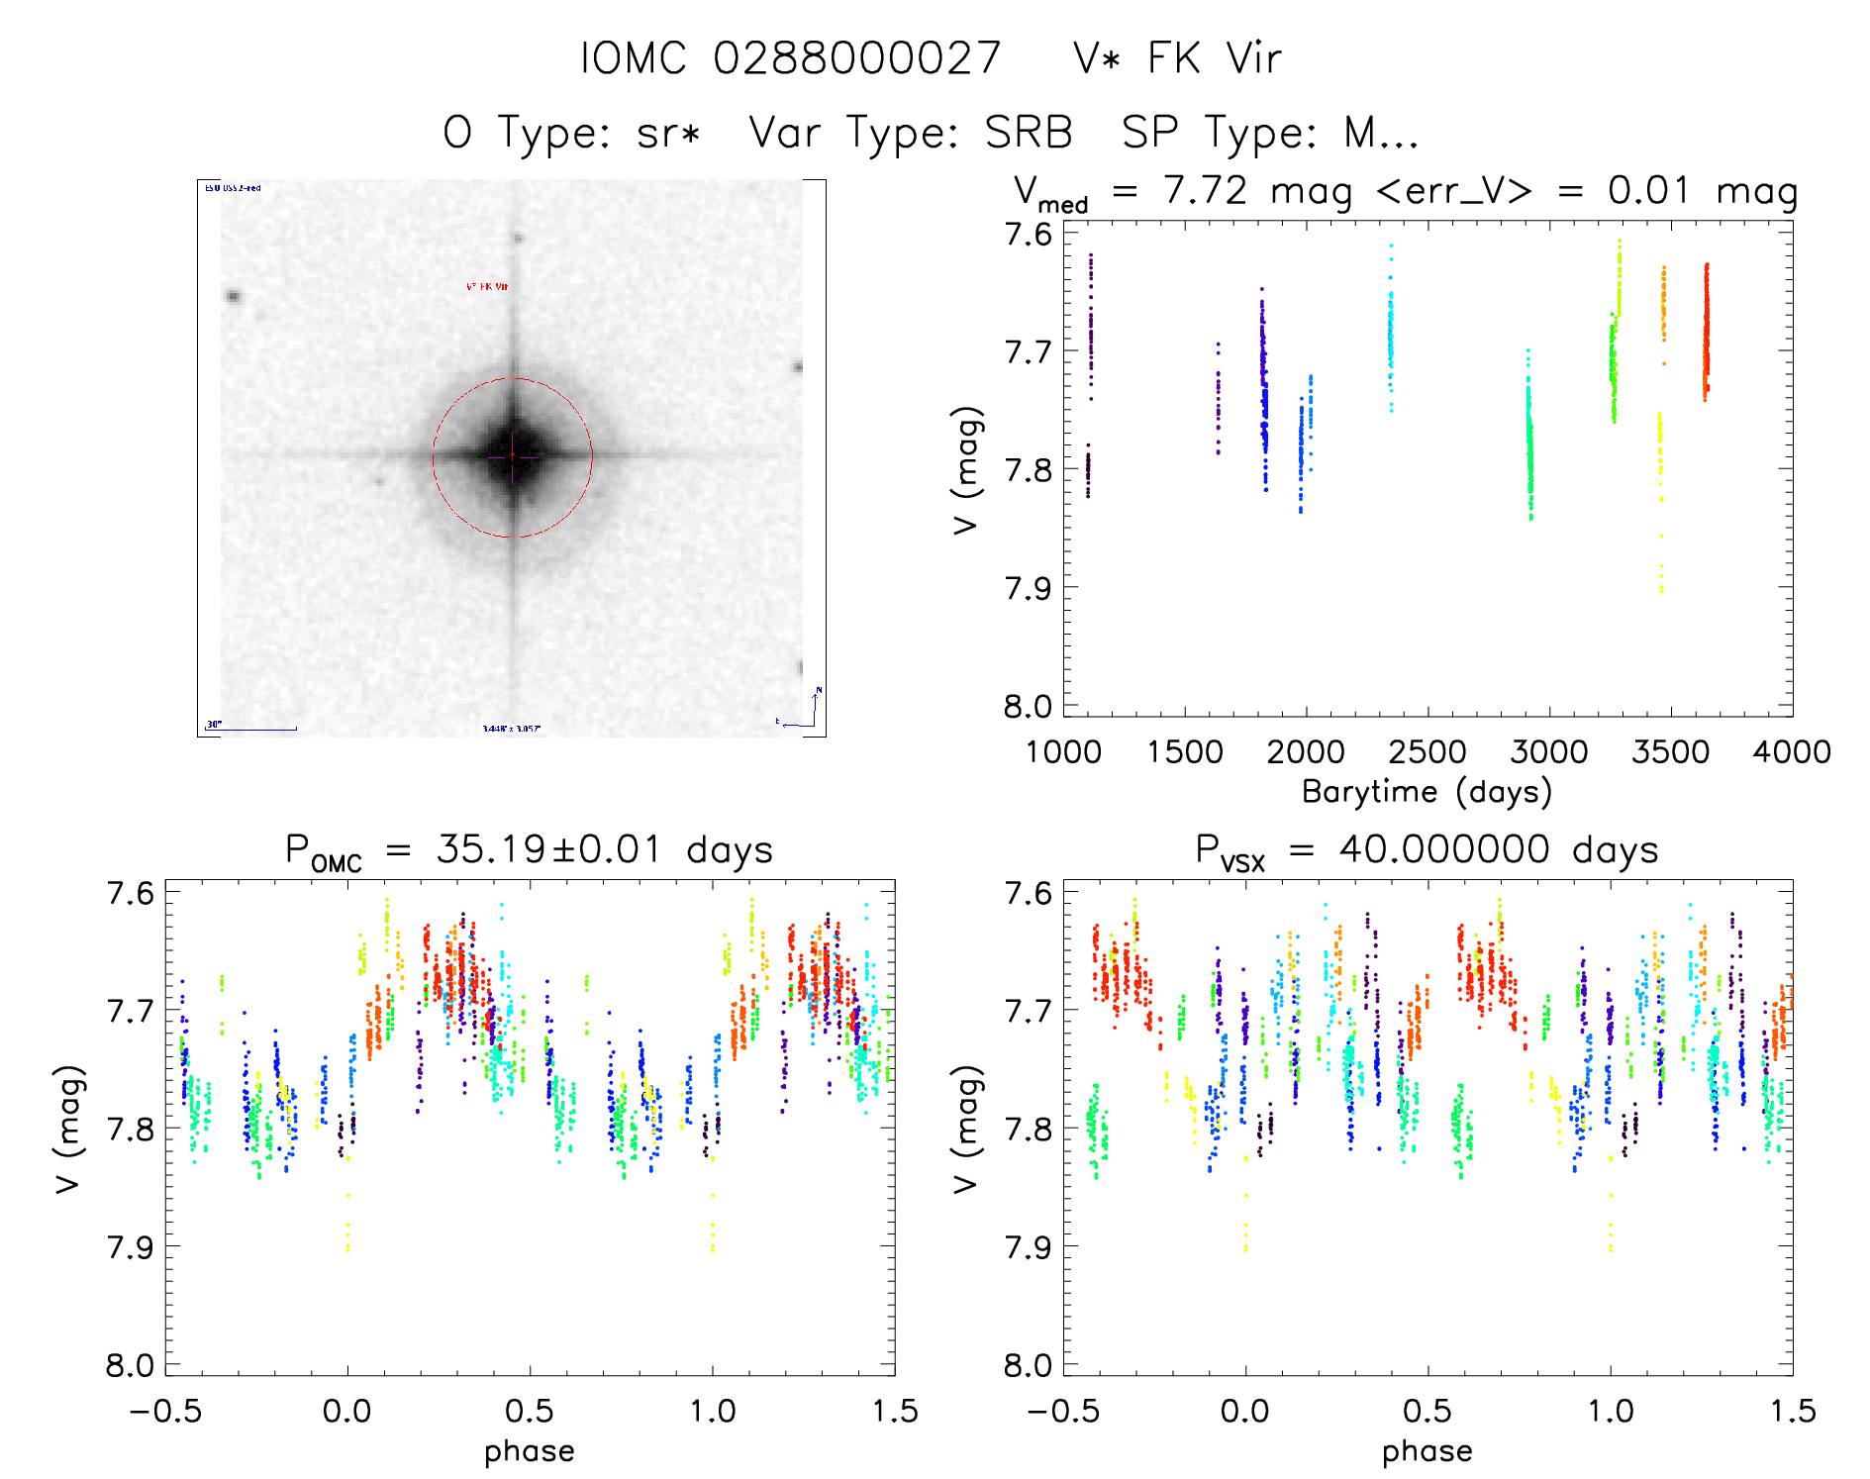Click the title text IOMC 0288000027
pos(790,58)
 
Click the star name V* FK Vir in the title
pos(1177,58)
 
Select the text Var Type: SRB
pos(911,133)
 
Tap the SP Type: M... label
pos(1270,133)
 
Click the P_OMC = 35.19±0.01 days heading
pos(529,851)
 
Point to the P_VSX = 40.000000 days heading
pos(1427,851)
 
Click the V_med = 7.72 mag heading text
pos(1183,191)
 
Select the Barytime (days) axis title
pos(1427,792)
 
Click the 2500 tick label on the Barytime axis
pos(1427,752)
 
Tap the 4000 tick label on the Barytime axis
pos(1792,752)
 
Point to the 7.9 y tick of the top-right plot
pos(1029,588)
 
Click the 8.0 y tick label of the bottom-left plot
pos(130,1366)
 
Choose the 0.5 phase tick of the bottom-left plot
pos(530,1411)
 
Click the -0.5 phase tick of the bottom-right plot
pos(1063,1411)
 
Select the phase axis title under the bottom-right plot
pos(1427,1451)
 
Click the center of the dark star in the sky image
pos(513,455)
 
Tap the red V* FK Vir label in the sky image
pos(487,287)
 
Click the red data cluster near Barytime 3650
pos(1706,332)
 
